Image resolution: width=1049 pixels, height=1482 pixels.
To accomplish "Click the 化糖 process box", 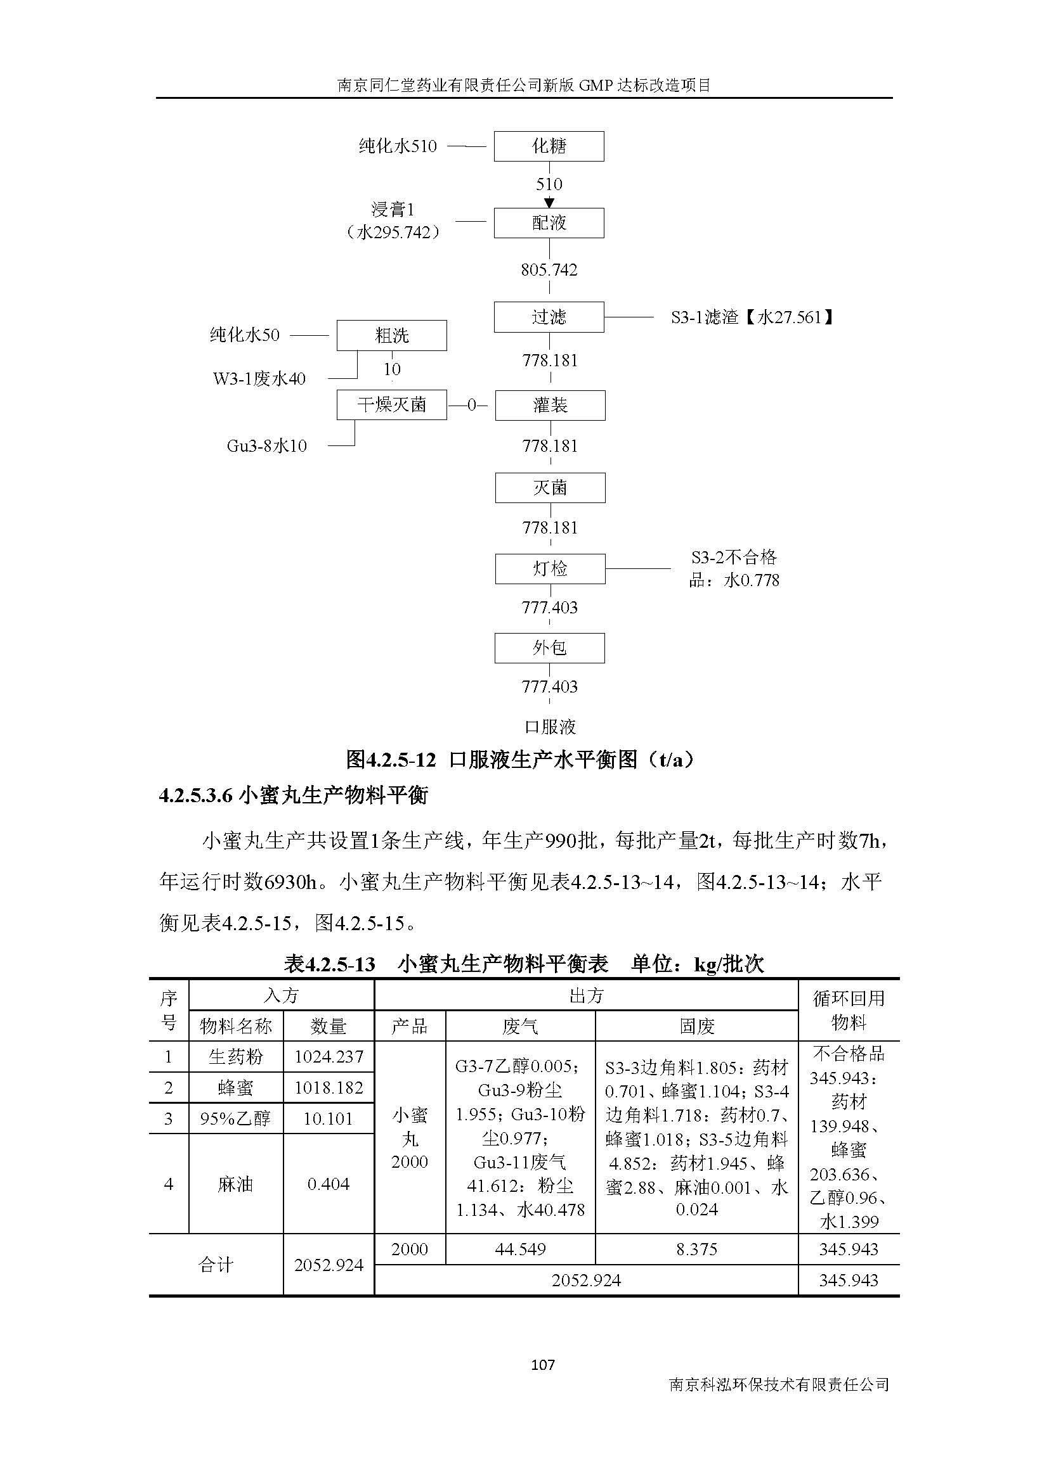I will coord(549,146).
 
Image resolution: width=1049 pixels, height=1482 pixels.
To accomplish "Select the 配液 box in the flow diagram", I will coord(549,222).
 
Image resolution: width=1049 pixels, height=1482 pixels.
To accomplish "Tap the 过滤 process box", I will coord(549,317).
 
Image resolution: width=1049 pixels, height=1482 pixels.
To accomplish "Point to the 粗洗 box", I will coord(391,336).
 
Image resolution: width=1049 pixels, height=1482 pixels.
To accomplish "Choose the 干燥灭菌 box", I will coord(391,405).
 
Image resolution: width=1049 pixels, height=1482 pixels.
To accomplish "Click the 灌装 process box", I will coord(550,405).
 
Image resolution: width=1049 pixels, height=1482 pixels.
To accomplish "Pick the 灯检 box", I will coord(550,568).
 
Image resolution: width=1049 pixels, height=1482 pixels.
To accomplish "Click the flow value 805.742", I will coord(549,270).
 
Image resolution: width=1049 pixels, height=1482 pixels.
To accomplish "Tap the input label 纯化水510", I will coord(398,146).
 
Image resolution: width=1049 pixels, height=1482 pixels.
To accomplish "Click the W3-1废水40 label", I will coord(259,378).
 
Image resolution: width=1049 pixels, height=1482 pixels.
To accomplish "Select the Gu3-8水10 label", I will coord(266,445).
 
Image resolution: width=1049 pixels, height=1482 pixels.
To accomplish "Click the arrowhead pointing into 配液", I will coord(549,203).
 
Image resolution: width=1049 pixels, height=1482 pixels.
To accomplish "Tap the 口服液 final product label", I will coord(550,727).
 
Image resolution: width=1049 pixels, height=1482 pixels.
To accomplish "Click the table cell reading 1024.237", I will coord(329,1057).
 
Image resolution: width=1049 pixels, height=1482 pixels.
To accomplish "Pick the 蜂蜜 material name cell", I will coord(236,1088).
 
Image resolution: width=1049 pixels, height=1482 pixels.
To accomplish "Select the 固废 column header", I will coord(696,1026).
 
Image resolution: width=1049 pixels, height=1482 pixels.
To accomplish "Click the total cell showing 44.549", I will coord(520,1249).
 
